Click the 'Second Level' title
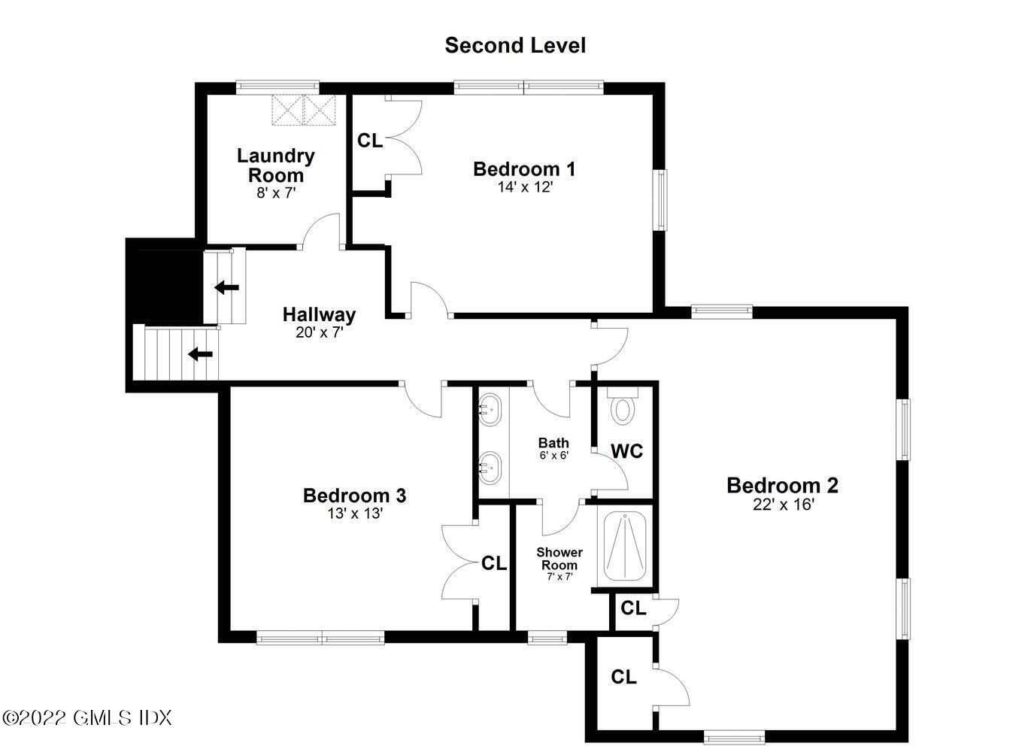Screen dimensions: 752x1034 coord(515,45)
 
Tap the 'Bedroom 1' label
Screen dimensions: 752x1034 coord(524,169)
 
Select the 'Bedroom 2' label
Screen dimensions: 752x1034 coord(782,486)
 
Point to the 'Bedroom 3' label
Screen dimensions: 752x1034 coord(354,496)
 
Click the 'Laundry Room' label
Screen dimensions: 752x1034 coord(275,165)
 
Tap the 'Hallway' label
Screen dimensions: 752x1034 coord(319,314)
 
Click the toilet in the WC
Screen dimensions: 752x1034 coord(622,409)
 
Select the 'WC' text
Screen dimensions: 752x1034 coord(626,451)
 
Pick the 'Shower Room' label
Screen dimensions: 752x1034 coord(559,559)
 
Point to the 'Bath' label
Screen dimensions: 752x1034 coord(553,443)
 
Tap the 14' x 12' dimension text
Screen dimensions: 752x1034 coord(525,187)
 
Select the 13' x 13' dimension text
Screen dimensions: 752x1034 coord(354,514)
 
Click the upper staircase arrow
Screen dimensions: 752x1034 coord(226,287)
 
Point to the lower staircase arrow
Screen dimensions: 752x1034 coord(199,353)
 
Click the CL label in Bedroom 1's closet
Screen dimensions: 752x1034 coord(369,141)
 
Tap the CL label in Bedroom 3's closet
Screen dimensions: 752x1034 coord(494,563)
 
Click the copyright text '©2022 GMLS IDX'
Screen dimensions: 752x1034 coord(87,717)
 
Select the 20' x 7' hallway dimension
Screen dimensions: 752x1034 coord(319,332)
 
